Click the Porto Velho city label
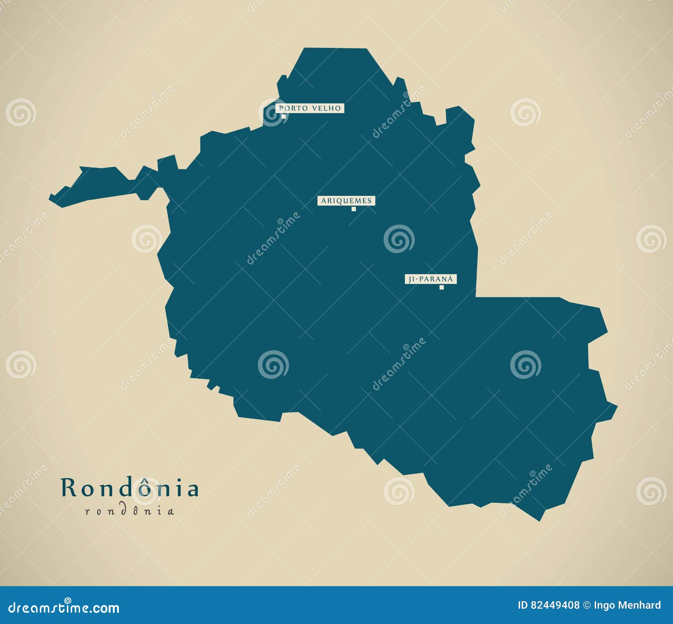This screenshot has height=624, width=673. (x=310, y=108)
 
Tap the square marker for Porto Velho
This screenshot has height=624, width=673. (x=284, y=116)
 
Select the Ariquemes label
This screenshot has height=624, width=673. (x=346, y=201)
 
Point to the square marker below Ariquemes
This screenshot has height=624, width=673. (x=354, y=209)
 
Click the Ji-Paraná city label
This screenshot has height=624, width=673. (x=430, y=279)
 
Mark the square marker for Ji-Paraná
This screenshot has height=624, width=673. (x=442, y=287)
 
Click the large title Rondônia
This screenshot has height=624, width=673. (x=130, y=488)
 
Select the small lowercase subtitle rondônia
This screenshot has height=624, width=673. (x=130, y=511)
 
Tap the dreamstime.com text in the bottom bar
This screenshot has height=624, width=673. (x=64, y=608)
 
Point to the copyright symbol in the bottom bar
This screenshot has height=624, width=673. (x=586, y=605)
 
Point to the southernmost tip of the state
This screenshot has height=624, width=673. (x=540, y=520)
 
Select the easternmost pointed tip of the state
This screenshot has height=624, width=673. (x=616, y=406)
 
